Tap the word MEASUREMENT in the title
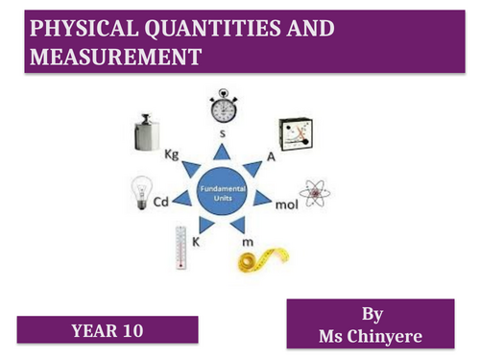tap(116, 58)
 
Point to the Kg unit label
tap(173, 154)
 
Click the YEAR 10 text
tap(106, 331)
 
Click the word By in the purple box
tap(370, 313)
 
